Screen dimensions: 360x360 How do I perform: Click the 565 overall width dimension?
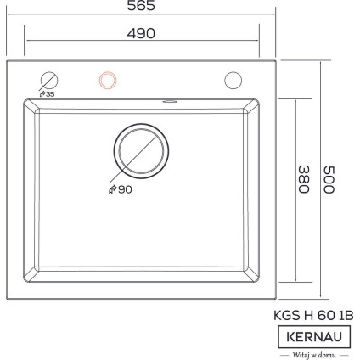(x=141, y=6)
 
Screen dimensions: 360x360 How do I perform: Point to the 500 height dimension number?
(x=329, y=179)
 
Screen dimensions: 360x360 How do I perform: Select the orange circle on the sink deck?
(x=108, y=81)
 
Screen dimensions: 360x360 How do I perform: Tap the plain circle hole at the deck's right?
(x=233, y=81)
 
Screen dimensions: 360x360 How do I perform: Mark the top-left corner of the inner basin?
(x=29, y=102)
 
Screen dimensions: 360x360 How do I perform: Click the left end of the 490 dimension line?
(x=25, y=41)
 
